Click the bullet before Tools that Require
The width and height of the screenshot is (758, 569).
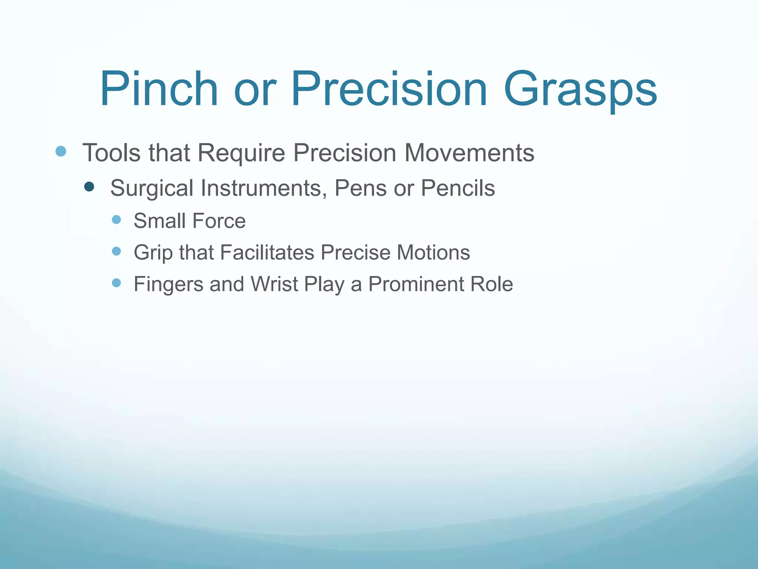click(x=61, y=151)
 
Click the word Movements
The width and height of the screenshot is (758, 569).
click(x=469, y=153)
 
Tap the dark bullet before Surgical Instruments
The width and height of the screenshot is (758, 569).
click(x=89, y=186)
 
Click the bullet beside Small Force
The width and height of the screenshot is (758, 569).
click(x=116, y=220)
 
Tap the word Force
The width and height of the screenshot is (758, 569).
click(x=219, y=221)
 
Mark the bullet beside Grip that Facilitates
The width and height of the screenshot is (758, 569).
click(x=116, y=251)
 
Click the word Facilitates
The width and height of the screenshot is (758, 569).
click(x=267, y=252)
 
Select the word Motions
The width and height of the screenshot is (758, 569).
click(x=433, y=252)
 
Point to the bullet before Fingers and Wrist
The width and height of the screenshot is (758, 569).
click(x=116, y=283)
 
